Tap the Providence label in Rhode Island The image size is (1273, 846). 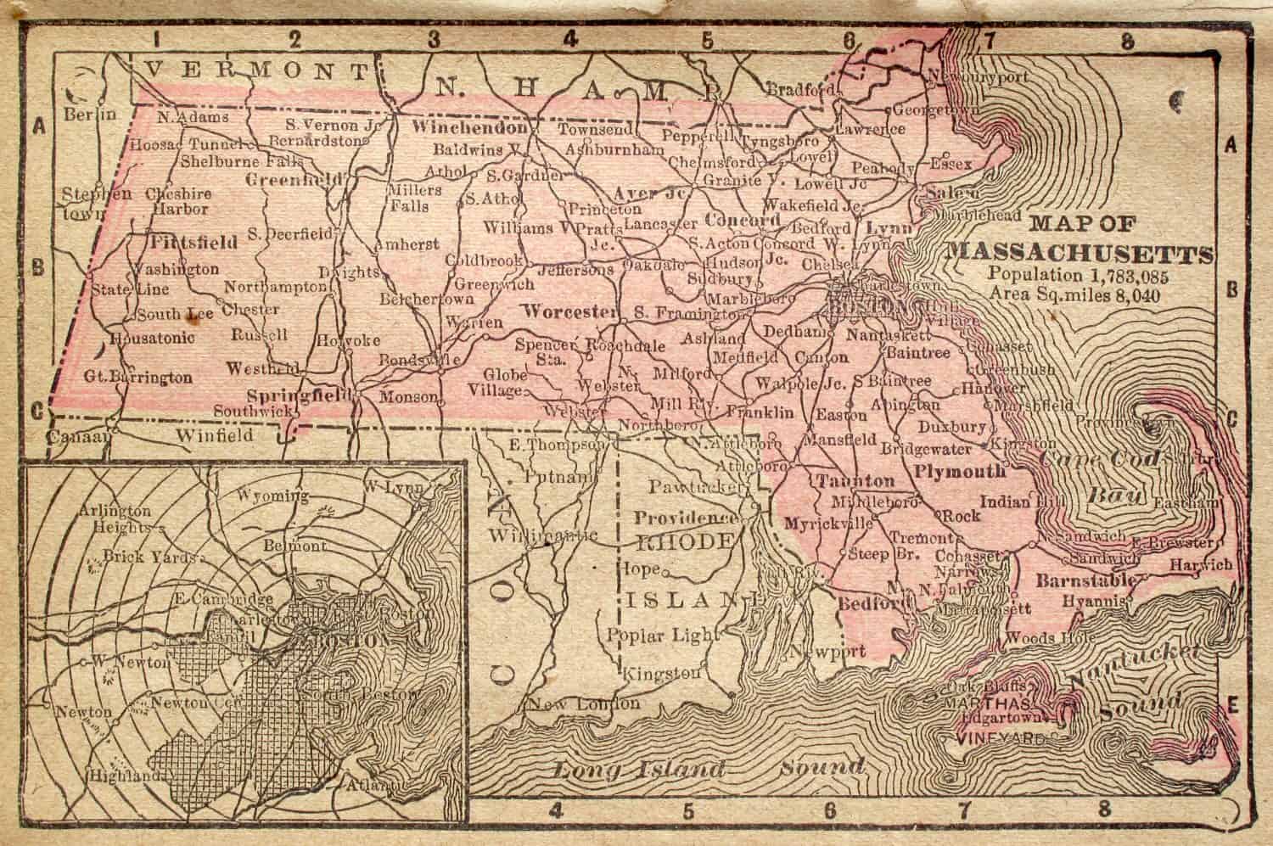[686, 518]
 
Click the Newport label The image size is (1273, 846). [829, 653]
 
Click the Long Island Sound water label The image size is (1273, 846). [709, 769]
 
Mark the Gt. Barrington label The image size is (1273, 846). [137, 377]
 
